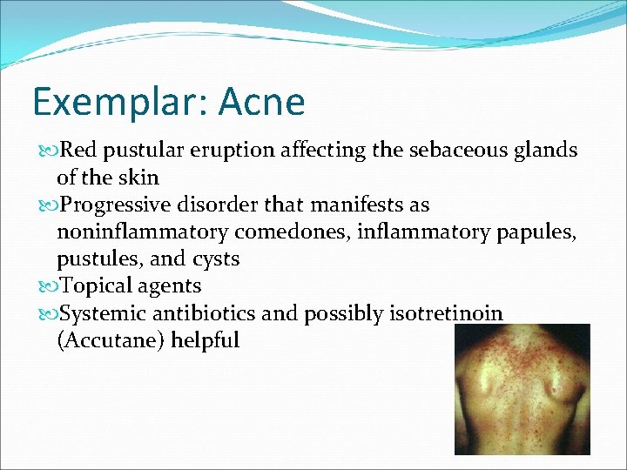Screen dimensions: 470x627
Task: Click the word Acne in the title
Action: click(x=262, y=103)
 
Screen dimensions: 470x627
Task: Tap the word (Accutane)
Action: click(x=111, y=340)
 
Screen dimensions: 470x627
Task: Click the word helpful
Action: click(x=205, y=340)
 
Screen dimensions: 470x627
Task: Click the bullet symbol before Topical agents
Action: click(x=46, y=286)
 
